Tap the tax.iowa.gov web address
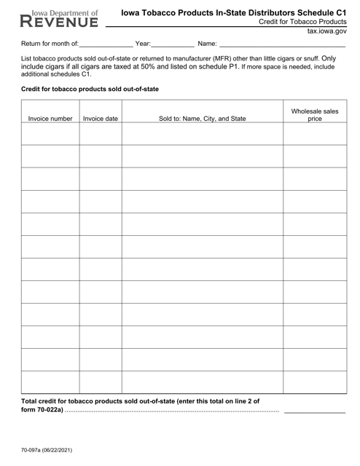[327, 33]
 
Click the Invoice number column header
[50, 118]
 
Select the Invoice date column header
[101, 118]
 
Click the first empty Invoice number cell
[50, 134]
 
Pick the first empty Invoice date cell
[101, 134]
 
